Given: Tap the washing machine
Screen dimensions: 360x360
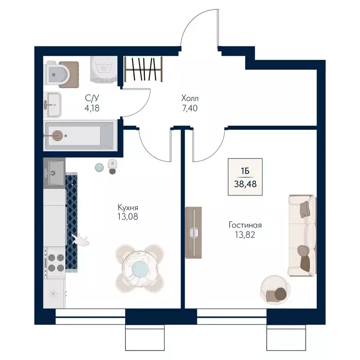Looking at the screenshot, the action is point(104,69).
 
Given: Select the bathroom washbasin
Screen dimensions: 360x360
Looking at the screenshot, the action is point(52,105).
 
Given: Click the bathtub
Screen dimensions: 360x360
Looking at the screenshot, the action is point(79,135).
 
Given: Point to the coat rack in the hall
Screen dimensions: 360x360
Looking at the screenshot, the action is point(143,69).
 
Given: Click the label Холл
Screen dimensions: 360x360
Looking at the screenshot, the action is point(190,98).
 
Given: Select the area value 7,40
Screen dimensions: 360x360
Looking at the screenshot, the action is point(190,108).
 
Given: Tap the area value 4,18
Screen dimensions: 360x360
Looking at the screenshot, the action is point(92,108).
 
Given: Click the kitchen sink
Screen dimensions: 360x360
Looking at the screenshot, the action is point(54,173).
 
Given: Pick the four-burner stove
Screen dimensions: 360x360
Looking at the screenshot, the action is point(55,262).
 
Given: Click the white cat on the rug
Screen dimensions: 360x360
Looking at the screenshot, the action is point(81,240).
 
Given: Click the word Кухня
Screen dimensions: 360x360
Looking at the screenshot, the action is point(128,208).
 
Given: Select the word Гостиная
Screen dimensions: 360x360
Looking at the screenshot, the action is point(245,225).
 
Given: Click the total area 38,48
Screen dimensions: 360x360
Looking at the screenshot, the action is point(245,184).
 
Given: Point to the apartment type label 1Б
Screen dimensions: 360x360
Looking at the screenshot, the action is point(245,171).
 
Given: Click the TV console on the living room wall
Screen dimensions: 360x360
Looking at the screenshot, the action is point(194,232).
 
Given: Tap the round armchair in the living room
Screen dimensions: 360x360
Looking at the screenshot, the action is point(275,290).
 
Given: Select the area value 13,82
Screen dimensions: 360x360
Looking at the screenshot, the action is point(245,235).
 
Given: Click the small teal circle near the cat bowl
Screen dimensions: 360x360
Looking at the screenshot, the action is point(99,167).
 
